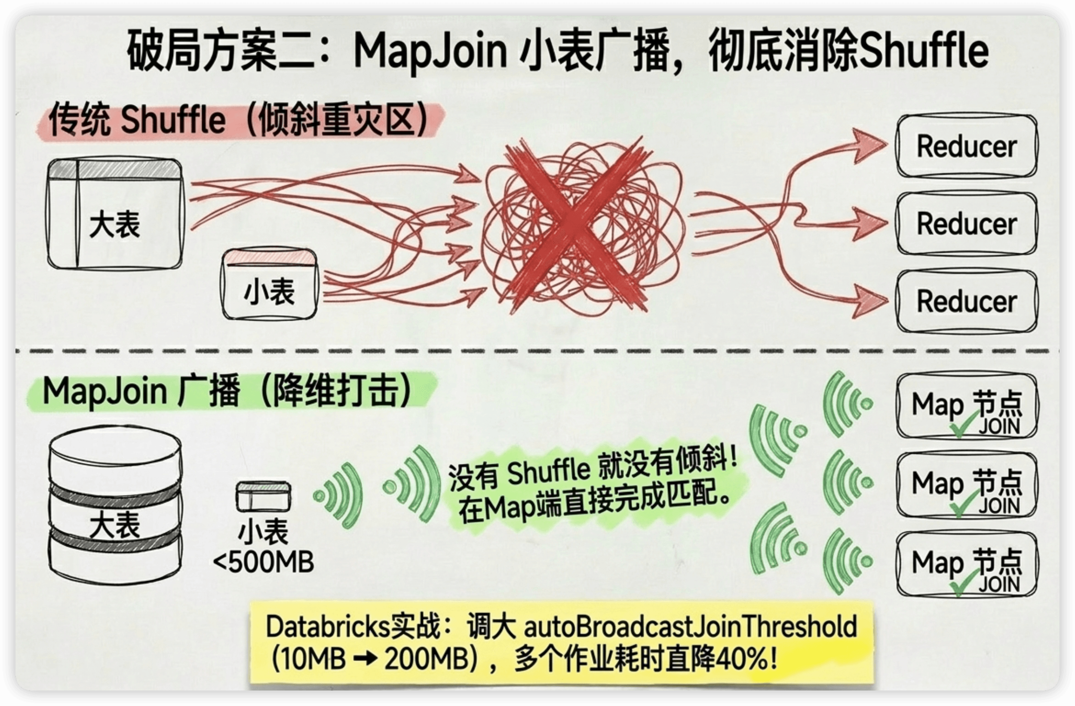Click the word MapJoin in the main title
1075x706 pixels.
click(x=430, y=51)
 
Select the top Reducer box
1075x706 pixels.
click(x=967, y=146)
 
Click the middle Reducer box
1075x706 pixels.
click(x=967, y=224)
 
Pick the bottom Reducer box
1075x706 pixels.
click(x=967, y=301)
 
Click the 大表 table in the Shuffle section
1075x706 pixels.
click(x=115, y=214)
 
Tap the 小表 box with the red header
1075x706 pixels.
click(x=270, y=284)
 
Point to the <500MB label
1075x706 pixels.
click(x=263, y=563)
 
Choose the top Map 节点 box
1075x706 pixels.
click(x=967, y=405)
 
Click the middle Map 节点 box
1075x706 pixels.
click(x=967, y=484)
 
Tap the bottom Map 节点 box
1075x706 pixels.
click(x=967, y=564)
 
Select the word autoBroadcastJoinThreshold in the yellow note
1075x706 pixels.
click(x=690, y=627)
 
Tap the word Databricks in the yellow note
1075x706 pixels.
click(x=328, y=627)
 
